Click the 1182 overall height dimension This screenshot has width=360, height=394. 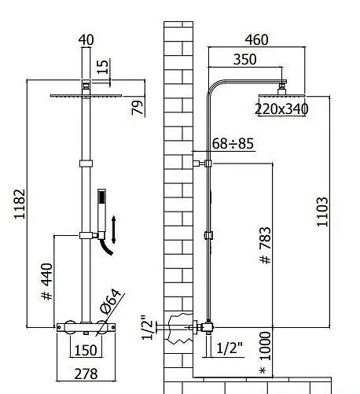point(20,204)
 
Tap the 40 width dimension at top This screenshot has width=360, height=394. point(86,40)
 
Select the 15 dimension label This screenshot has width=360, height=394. point(102,67)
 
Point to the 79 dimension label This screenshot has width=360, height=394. point(138,108)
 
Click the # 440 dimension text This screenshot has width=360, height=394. point(47,282)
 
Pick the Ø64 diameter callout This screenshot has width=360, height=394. point(111,301)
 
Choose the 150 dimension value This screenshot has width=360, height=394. point(86,350)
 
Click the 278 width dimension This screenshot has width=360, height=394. point(86,374)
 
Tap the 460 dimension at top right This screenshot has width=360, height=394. point(256,40)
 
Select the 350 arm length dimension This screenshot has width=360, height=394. point(244,60)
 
